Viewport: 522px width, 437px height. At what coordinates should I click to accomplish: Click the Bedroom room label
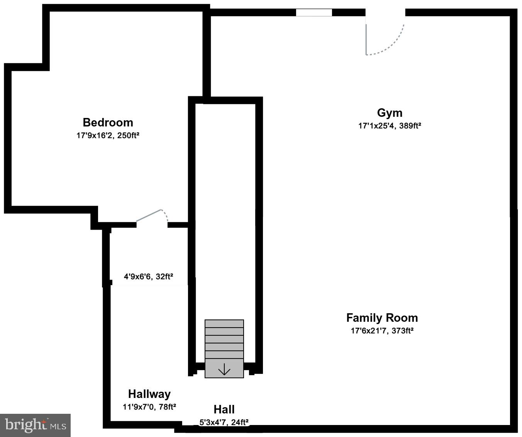pyautogui.click(x=108, y=123)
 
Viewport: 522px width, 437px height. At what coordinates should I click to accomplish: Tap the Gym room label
pyautogui.click(x=390, y=113)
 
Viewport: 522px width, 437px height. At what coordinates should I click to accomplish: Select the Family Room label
pyautogui.click(x=382, y=318)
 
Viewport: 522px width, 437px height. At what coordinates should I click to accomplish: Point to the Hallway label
pyautogui.click(x=149, y=394)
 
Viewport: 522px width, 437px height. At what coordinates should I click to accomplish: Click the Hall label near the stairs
pyautogui.click(x=224, y=410)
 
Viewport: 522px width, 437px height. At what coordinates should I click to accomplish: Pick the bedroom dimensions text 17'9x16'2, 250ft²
pyautogui.click(x=108, y=136)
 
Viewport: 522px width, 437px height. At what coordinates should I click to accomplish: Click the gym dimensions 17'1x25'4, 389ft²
pyautogui.click(x=390, y=126)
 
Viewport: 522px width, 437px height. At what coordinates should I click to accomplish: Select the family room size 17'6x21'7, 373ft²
pyautogui.click(x=382, y=331)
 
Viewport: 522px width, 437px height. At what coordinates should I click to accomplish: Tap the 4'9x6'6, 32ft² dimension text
pyautogui.click(x=148, y=277)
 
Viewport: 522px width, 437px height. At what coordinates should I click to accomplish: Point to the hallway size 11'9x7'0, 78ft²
pyautogui.click(x=149, y=407)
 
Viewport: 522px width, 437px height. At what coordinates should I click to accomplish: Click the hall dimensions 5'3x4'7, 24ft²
pyautogui.click(x=224, y=422)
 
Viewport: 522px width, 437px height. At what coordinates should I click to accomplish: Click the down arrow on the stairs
pyautogui.click(x=224, y=370)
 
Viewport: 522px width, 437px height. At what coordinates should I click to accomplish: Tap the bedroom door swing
pyautogui.click(x=152, y=216)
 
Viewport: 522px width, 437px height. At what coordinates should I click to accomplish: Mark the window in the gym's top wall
pyautogui.click(x=314, y=12)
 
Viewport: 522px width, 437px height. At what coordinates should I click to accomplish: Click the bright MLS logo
pyautogui.click(x=35, y=425)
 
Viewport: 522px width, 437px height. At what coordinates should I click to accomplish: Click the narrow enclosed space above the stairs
pyautogui.click(x=225, y=209)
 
